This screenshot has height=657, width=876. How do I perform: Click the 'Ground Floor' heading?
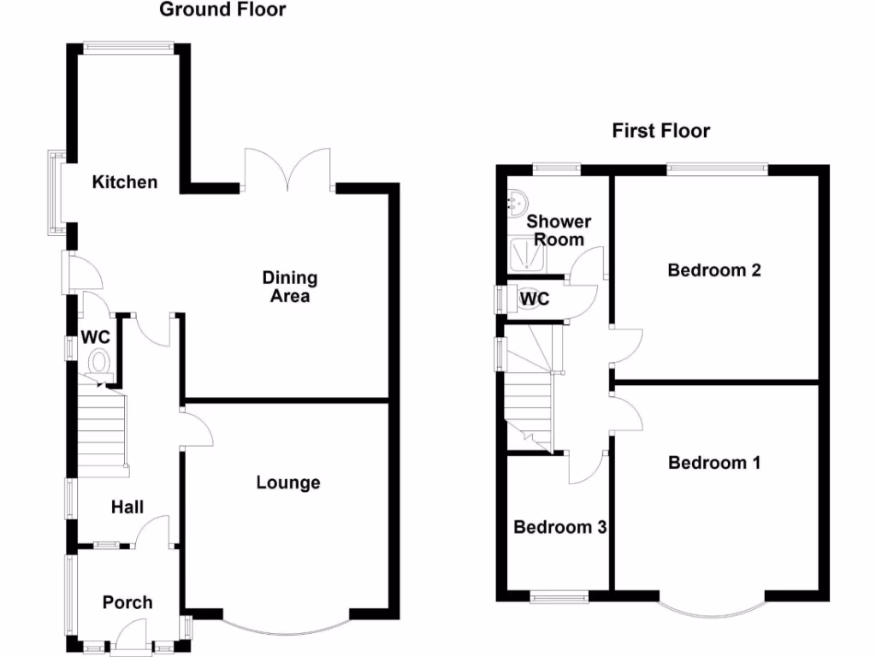pos(222,10)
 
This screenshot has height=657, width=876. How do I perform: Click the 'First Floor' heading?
pos(660,131)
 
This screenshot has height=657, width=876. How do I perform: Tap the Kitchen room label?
pos(125,182)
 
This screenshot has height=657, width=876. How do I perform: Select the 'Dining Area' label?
pos(289,287)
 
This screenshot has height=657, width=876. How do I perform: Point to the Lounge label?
pos(288,482)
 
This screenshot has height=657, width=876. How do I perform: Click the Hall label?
pos(128,507)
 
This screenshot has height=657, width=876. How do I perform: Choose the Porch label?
pos(127,602)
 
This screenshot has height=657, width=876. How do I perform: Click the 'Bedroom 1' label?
pos(714,463)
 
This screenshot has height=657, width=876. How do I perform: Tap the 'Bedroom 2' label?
pos(714,270)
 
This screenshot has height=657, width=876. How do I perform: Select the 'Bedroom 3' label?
pos(559,527)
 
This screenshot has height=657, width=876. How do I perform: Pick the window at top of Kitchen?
pos(129,47)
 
